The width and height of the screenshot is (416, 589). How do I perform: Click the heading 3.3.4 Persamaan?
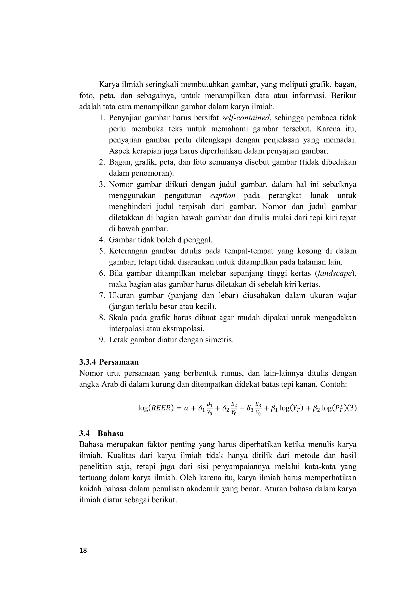(109, 362)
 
